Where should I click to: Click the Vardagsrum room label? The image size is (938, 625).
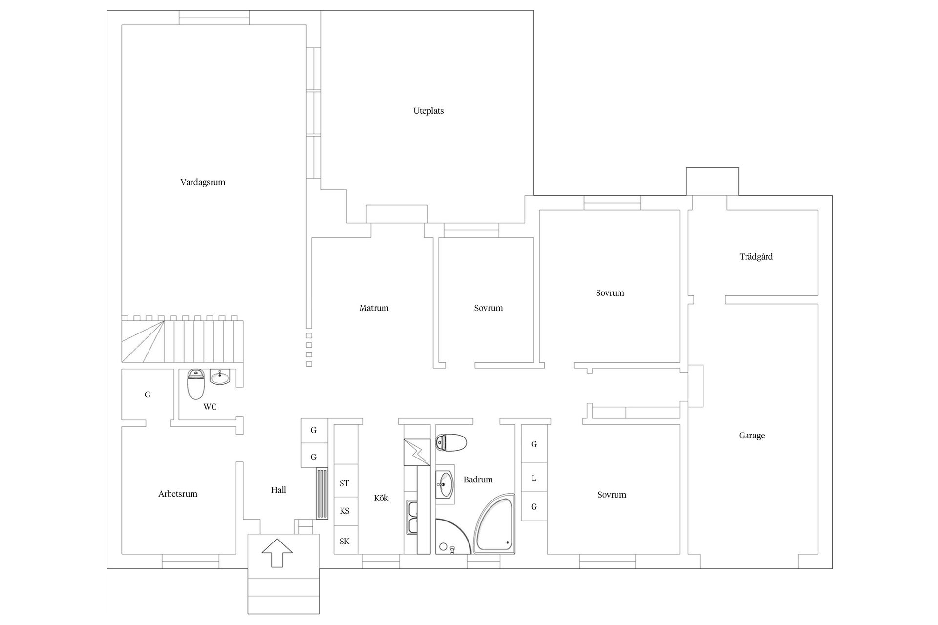(203, 182)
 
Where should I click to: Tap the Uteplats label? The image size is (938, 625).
(428, 111)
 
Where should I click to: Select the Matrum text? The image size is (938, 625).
(374, 308)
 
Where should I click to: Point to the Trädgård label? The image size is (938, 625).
(756, 257)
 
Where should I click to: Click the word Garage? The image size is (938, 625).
(751, 436)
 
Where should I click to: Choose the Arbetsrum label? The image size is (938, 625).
(178, 494)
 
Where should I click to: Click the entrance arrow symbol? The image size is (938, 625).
(277, 552)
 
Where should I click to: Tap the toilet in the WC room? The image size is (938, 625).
(196, 384)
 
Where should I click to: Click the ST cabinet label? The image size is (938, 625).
(344, 483)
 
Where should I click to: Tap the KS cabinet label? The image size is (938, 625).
(344, 511)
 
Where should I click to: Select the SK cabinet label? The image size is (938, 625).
(344, 541)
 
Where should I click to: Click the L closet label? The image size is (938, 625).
(533, 478)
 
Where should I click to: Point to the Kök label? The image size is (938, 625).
(381, 498)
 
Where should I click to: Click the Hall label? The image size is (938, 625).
(278, 490)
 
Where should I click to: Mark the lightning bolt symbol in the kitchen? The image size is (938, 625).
(416, 452)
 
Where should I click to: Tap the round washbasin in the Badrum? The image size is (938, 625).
(444, 484)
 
